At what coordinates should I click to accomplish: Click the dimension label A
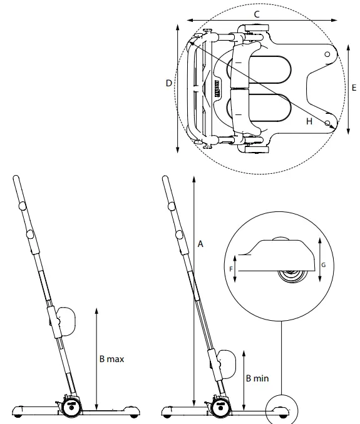[x=200, y=245]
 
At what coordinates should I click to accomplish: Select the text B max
[x=112, y=359]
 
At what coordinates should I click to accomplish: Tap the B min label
[x=257, y=379]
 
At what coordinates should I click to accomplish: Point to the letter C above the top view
[x=257, y=13]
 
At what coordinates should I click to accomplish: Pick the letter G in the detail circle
[x=324, y=265]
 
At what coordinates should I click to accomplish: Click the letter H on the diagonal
[x=309, y=121]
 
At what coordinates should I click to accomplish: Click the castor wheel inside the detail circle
[x=291, y=276]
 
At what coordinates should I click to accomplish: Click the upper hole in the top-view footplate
[x=327, y=55]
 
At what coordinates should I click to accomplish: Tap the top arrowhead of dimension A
[x=195, y=179]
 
